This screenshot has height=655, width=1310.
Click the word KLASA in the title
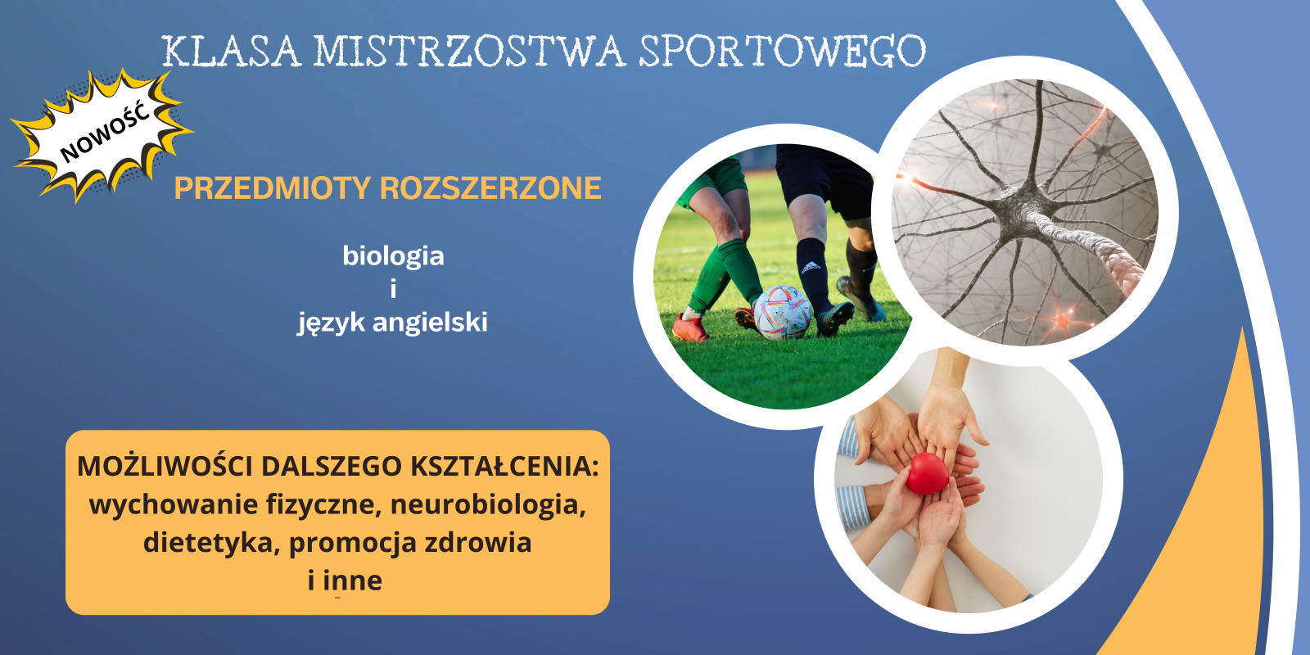pos(231,52)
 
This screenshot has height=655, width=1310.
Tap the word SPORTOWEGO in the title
pos(783,52)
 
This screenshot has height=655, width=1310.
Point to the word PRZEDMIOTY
pos(273,188)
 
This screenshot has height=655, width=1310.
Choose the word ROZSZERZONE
pos(490,188)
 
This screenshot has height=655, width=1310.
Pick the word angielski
pos(430,323)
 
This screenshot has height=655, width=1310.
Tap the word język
pos(331,323)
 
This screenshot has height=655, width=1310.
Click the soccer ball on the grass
pos(783,313)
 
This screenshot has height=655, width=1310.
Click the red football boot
pos(690,327)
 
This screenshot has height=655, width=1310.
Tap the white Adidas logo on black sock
pos(811,268)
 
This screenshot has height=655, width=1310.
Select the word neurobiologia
pos(488,504)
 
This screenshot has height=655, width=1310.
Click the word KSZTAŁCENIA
pos(504,466)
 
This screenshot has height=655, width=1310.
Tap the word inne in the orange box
pos(353,580)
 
